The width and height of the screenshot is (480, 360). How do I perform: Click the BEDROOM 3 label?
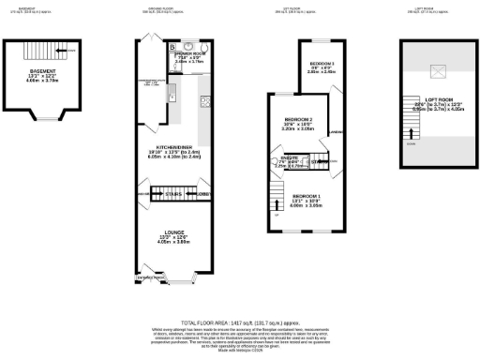[323, 64]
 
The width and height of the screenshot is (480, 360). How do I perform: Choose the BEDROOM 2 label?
[297, 120]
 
